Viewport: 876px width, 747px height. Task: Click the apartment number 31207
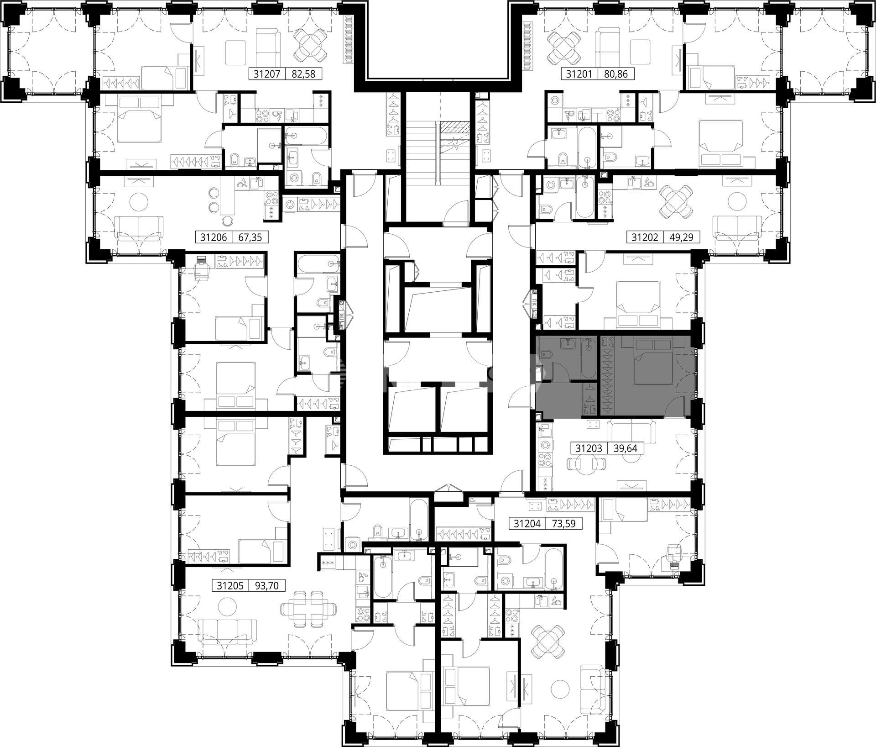[x=267, y=74]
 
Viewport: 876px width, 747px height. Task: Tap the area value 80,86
[x=616, y=74]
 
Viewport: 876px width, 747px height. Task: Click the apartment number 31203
[x=589, y=449]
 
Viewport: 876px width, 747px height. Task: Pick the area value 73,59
[x=564, y=524]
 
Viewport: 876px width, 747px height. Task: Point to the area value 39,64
[x=626, y=449]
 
